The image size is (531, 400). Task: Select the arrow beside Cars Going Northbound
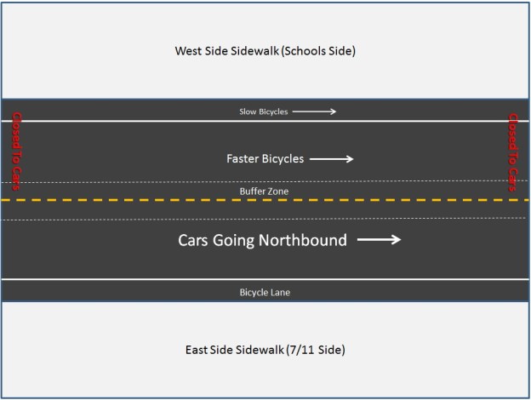click(x=379, y=240)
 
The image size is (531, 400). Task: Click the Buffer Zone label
click(x=265, y=191)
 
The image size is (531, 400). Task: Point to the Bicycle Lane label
click(x=265, y=292)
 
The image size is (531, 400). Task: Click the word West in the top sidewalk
click(x=188, y=51)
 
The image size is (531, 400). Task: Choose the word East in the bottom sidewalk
click(x=197, y=350)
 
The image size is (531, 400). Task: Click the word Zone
click(x=277, y=191)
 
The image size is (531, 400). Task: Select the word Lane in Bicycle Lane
click(x=281, y=292)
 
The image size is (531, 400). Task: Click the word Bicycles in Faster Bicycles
click(x=283, y=159)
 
